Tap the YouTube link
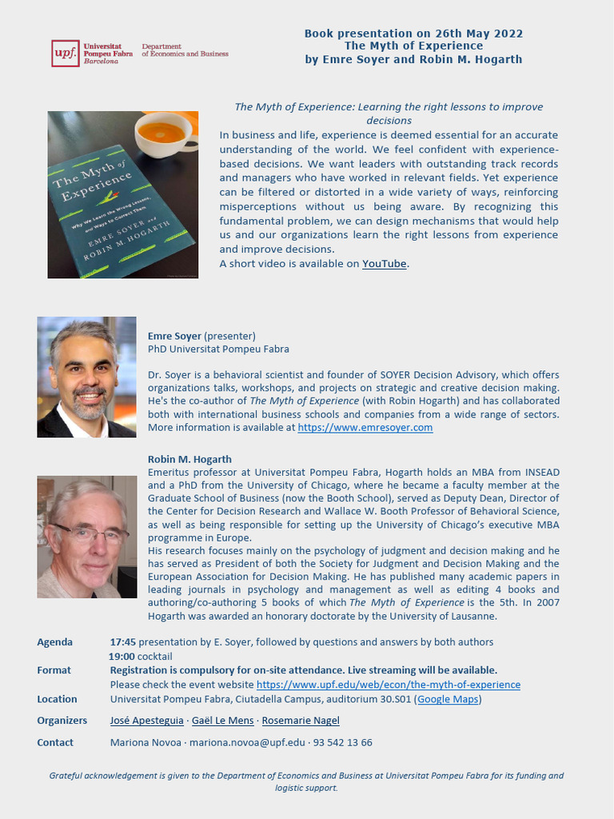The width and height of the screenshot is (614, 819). click(385, 264)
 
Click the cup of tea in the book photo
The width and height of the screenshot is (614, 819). click(162, 133)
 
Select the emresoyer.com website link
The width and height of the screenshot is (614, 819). click(365, 428)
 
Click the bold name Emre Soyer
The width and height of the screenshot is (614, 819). click(174, 336)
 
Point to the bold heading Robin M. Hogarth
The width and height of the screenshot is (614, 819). click(189, 459)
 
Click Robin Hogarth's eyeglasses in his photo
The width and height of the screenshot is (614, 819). click(89, 533)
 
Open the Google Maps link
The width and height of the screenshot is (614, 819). click(448, 699)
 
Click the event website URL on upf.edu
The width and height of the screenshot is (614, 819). click(388, 685)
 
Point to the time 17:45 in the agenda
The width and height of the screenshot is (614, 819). click(122, 642)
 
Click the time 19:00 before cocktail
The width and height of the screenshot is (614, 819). click(122, 657)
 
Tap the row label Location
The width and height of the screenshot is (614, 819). click(57, 699)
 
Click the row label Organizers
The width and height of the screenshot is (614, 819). click(62, 721)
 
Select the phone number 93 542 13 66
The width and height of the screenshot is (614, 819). click(343, 742)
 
